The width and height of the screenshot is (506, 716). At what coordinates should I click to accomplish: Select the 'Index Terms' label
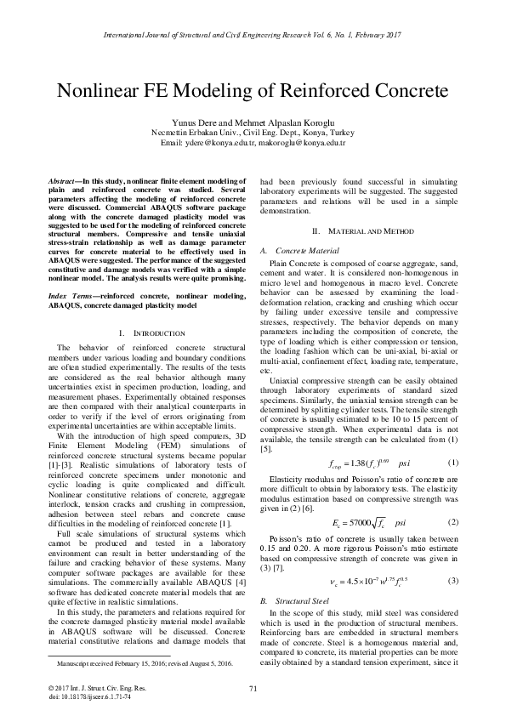pos(71,293)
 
